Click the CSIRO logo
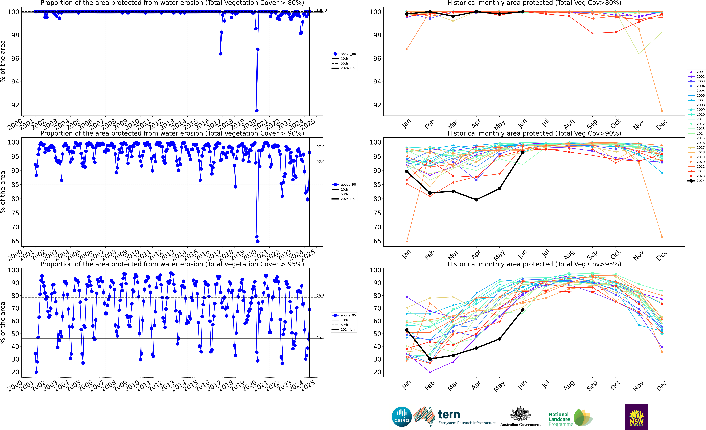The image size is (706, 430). pos(401,417)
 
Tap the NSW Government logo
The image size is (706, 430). pos(636,417)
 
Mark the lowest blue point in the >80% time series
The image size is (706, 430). pos(257,111)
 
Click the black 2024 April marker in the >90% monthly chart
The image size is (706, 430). pos(476,200)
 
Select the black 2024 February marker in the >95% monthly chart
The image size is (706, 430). pos(430,359)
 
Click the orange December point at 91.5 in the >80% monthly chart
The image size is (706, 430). pos(662,111)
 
